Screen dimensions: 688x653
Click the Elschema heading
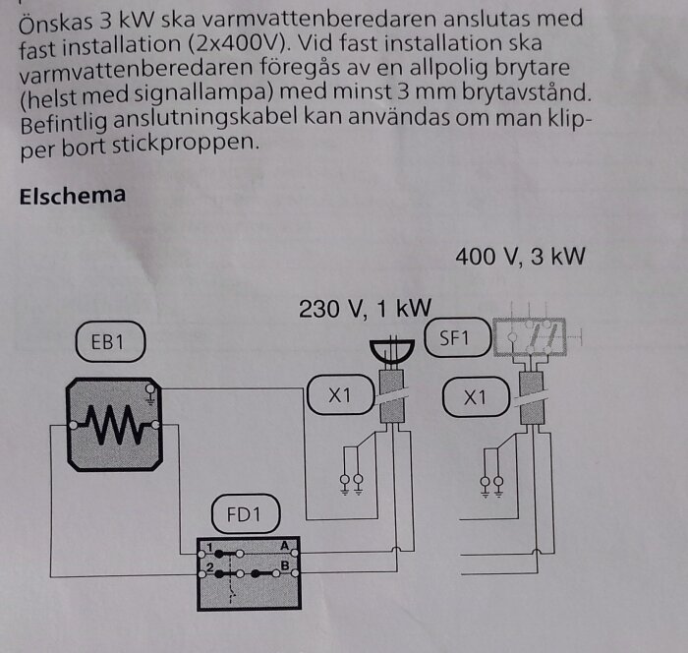point(73,196)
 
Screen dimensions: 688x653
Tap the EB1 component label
point(110,341)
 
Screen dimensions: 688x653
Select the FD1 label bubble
point(246,513)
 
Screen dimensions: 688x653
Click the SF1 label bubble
point(457,337)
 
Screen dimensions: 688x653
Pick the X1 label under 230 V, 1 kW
point(340,394)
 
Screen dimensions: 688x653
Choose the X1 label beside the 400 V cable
point(476,397)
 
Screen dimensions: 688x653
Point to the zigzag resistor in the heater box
point(115,425)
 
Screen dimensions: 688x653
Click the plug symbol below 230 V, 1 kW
point(392,350)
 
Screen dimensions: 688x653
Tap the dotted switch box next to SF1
point(530,336)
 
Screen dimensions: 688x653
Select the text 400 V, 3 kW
point(520,257)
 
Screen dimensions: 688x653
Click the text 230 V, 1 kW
point(365,308)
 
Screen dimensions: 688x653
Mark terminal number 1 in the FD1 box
point(209,547)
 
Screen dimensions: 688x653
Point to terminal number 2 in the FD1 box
point(209,566)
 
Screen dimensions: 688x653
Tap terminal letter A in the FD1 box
point(285,546)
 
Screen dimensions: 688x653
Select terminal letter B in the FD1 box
point(285,565)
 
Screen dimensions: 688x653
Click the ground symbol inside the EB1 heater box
point(150,394)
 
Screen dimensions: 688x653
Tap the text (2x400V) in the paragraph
point(238,44)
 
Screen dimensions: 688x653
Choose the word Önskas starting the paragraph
point(56,23)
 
